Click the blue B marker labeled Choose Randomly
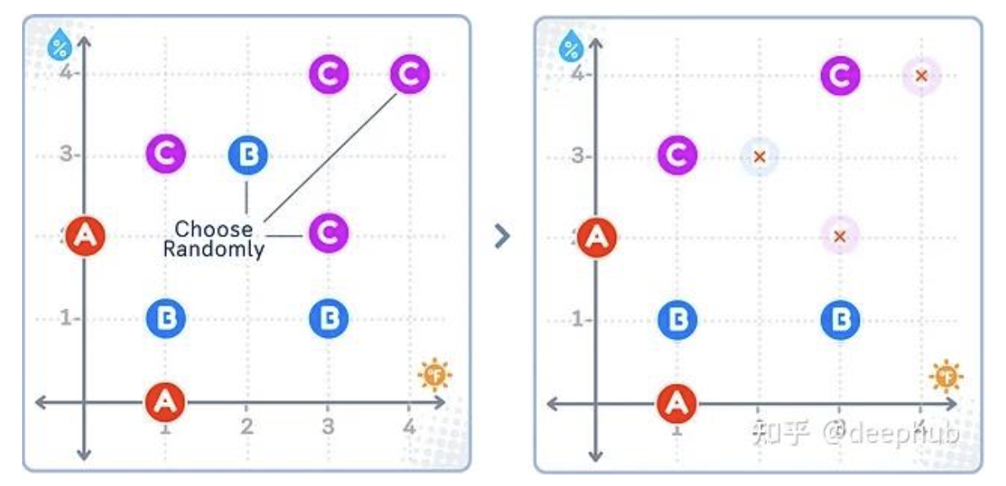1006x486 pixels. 247,155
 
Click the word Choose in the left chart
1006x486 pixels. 213,229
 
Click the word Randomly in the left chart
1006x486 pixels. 213,249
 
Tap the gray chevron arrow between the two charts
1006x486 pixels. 502,236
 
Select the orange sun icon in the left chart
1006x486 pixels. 434,376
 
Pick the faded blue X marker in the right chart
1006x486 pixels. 759,156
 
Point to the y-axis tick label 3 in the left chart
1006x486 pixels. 65,155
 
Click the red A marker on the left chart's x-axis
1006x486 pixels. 165,402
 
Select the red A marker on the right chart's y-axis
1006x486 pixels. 597,237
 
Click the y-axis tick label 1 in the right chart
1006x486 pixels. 577,319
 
